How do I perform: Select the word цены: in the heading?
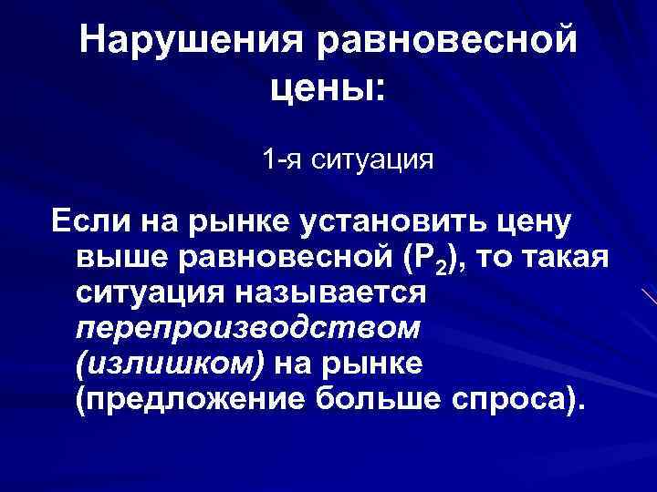[328, 88]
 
